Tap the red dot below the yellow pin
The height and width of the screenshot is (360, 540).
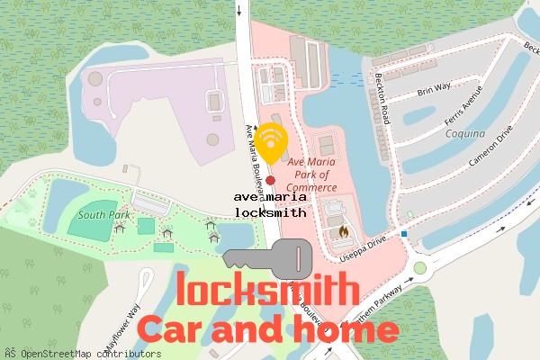[x=270, y=180]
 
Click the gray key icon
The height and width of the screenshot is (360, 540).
[x=266, y=259]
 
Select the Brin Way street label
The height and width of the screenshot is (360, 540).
[x=434, y=91]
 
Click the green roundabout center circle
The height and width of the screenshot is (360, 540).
[x=419, y=268]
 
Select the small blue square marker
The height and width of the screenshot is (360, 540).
[x=405, y=235]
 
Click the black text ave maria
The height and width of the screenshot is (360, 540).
[x=270, y=196]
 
